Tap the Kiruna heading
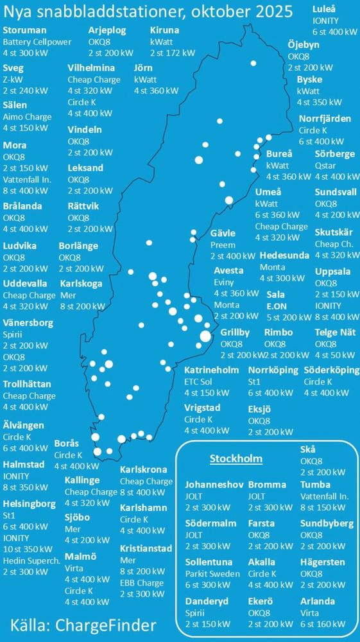click(164, 30)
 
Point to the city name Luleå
click(325, 9)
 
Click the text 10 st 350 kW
click(28, 550)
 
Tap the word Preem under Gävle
click(222, 245)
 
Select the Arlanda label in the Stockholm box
click(318, 602)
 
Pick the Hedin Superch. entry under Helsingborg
click(32, 560)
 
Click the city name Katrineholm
click(212, 370)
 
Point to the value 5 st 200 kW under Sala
click(289, 317)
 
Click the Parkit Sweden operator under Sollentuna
click(212, 574)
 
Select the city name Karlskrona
click(144, 470)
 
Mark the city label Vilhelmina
click(91, 68)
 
